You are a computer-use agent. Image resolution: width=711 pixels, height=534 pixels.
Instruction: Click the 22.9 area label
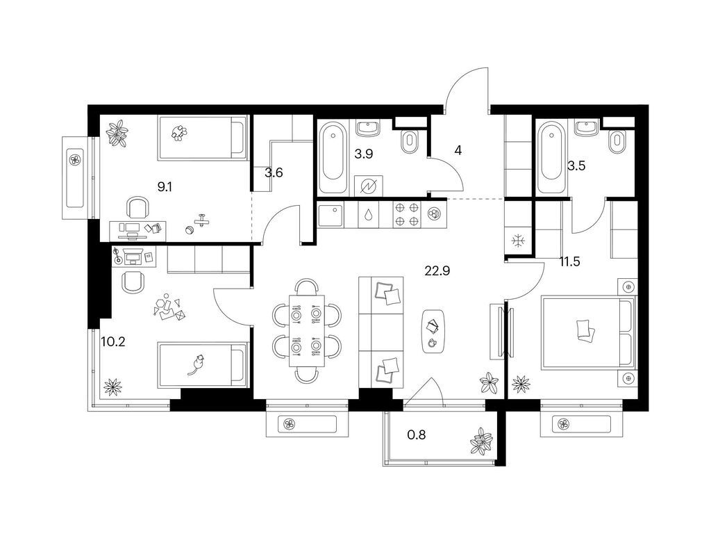[437, 271]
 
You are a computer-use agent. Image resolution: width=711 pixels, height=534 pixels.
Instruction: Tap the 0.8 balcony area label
[417, 435]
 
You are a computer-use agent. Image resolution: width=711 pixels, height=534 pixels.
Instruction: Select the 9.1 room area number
[165, 186]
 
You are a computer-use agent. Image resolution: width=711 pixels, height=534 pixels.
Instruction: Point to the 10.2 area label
[113, 342]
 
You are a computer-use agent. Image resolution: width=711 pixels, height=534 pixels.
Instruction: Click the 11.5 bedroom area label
[569, 261]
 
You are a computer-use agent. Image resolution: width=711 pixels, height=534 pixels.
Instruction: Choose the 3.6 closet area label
[274, 172]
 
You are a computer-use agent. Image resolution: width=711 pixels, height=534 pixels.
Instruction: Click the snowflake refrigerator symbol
[517, 241]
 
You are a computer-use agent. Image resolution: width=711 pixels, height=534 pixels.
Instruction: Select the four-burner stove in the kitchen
[406, 214]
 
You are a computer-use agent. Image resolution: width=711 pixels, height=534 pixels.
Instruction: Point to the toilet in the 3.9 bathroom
[410, 142]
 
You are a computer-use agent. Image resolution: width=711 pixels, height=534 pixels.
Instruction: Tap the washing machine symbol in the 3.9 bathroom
[368, 186]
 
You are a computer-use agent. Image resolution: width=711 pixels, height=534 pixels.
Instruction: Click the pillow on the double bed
[585, 330]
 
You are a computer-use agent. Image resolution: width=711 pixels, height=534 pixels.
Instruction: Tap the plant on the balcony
[481, 441]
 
